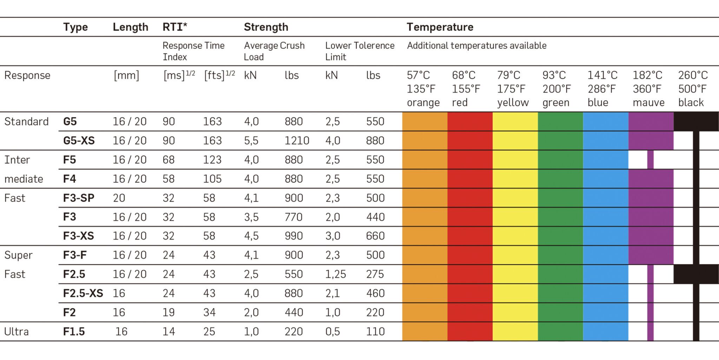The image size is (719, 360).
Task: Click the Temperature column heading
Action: pos(440,27)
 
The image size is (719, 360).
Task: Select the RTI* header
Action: pos(175,27)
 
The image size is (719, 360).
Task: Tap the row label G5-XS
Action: pos(79,141)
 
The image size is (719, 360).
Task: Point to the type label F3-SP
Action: pos(79,198)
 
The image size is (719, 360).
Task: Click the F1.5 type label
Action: pos(74,332)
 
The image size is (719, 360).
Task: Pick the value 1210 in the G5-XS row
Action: pos(297,141)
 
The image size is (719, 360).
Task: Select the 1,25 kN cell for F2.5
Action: pos(335,274)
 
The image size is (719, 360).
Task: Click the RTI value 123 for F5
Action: pos(212,160)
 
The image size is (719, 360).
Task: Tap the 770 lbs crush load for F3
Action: pos(293,217)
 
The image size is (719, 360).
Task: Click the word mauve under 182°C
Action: pos(648,102)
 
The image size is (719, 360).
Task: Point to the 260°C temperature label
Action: pos(693,75)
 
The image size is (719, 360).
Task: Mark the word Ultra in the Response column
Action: pos(17,332)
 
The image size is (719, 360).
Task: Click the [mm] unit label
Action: pos(126,75)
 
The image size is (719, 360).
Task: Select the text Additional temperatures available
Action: pos(476,46)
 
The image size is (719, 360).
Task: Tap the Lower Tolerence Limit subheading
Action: pos(359,51)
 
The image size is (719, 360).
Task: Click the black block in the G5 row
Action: pos(696,121)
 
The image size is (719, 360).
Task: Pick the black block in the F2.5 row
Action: pos(696,274)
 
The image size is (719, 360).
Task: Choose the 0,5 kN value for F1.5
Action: pos(332,332)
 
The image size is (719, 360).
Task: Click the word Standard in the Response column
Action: pos(26,122)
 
